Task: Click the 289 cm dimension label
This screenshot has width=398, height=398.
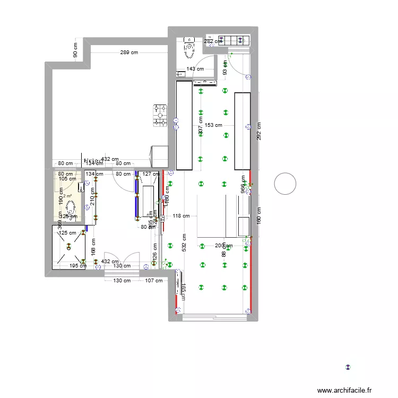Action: [128, 53]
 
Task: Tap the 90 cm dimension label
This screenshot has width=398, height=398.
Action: [75, 51]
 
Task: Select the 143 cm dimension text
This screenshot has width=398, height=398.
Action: [195, 69]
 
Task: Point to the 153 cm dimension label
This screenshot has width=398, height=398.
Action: [213, 125]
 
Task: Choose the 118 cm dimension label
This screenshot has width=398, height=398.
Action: [181, 216]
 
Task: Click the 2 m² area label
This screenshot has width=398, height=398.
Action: [67, 195]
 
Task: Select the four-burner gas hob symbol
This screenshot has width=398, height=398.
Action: [159, 115]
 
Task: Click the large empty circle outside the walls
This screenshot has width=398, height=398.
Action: [285, 184]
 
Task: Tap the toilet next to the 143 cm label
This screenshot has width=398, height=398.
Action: [189, 49]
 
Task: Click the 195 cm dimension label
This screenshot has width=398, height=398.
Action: [79, 266]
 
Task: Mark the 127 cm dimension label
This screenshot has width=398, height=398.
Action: [151, 174]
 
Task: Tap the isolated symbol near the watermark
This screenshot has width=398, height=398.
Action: [348, 367]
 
